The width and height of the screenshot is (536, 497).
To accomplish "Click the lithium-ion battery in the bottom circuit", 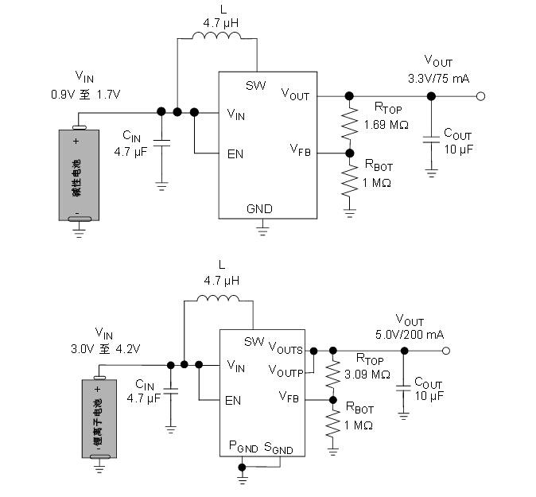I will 99,418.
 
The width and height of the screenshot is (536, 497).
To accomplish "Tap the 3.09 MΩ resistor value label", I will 367,374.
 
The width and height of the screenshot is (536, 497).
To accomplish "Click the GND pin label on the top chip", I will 259,209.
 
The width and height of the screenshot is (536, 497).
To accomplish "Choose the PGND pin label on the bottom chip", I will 243,448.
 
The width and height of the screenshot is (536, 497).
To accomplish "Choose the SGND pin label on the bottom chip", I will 278,448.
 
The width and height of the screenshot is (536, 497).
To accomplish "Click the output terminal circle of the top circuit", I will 480,96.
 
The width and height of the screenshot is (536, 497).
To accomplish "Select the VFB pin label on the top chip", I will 300,149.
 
